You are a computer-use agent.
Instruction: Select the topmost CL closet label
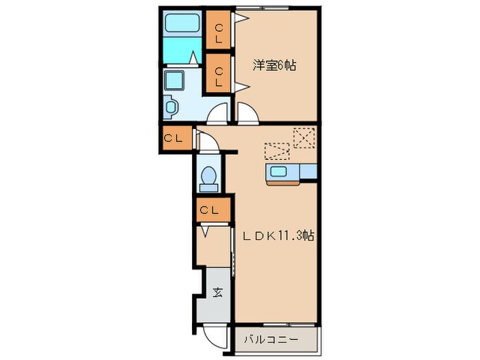(219, 32)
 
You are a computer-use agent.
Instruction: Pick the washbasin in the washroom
(171, 108)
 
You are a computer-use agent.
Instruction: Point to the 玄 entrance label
(217, 293)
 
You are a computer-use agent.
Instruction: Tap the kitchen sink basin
(279, 172)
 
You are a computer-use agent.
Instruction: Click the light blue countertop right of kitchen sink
(308, 171)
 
